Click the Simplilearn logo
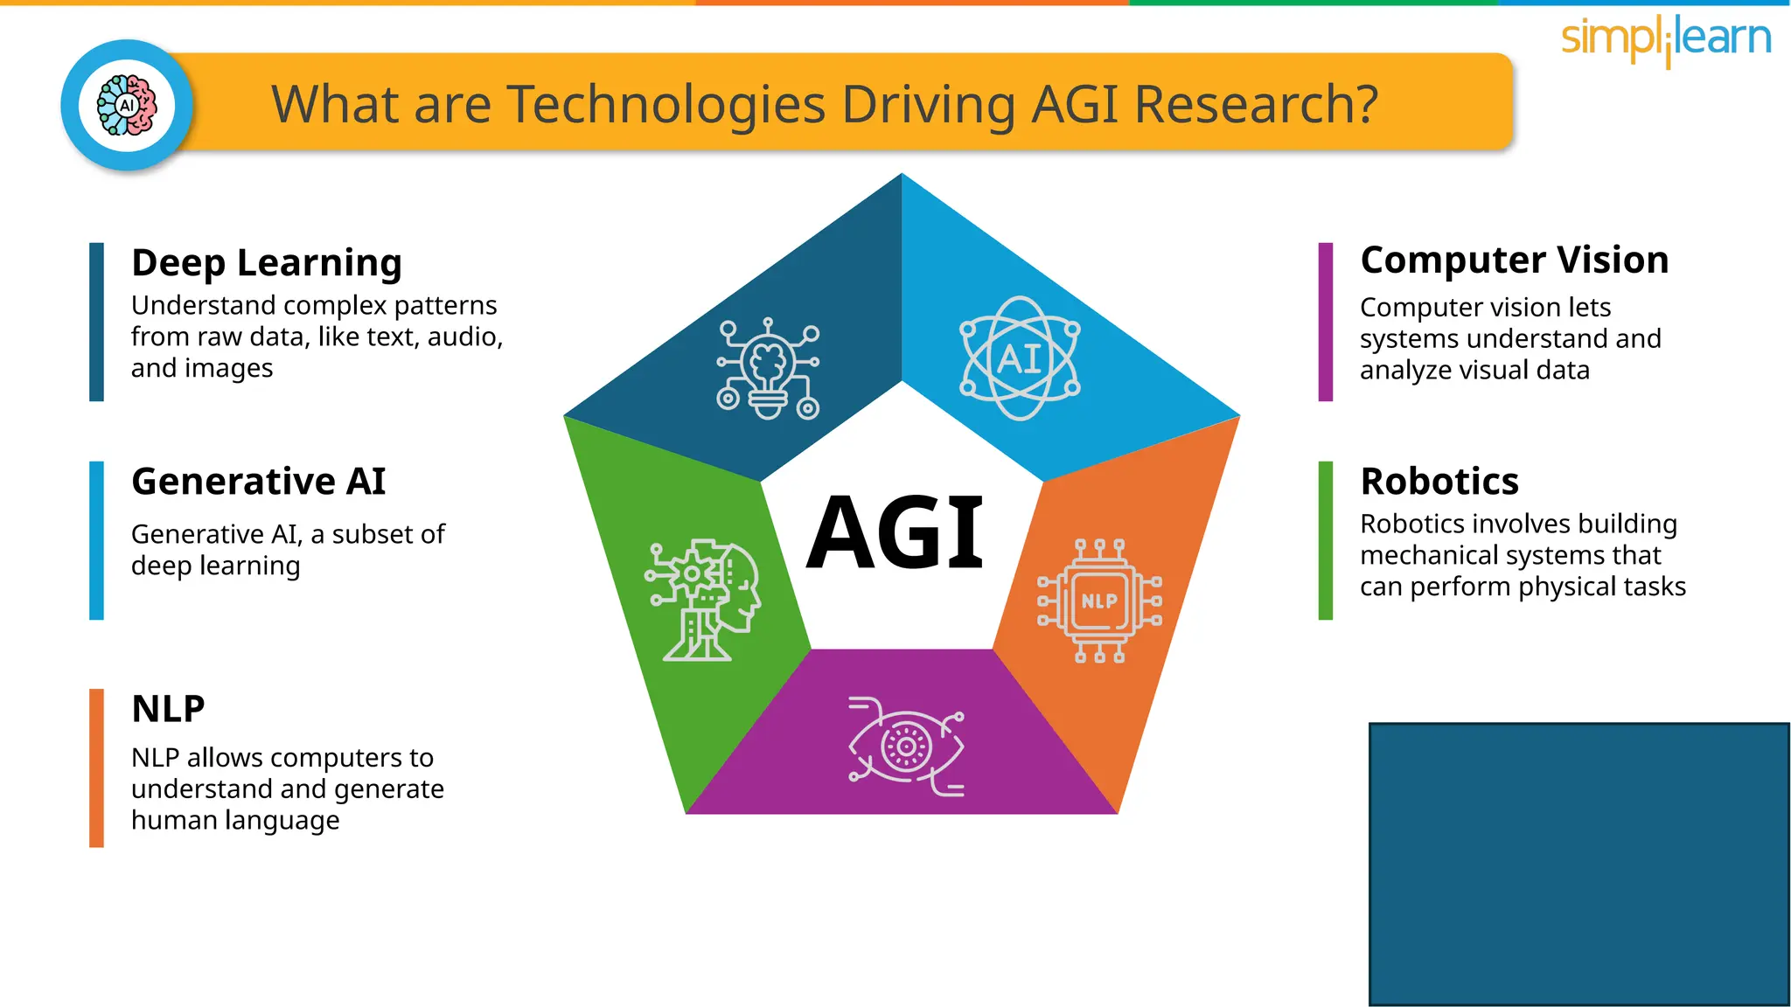tap(1666, 40)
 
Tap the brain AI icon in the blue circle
tap(128, 105)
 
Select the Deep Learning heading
tap(267, 262)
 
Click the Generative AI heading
tap(258, 482)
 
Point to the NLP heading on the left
tap(168, 709)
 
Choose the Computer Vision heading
tap(1514, 260)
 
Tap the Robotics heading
tap(1439, 482)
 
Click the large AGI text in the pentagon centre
tap(895, 532)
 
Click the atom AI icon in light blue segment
tap(1020, 358)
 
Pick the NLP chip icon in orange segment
tap(1099, 601)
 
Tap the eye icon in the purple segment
tap(906, 747)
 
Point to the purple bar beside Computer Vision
tap(1325, 322)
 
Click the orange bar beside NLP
tap(96, 767)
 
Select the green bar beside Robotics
tap(1325, 540)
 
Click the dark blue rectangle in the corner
tap(1578, 864)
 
